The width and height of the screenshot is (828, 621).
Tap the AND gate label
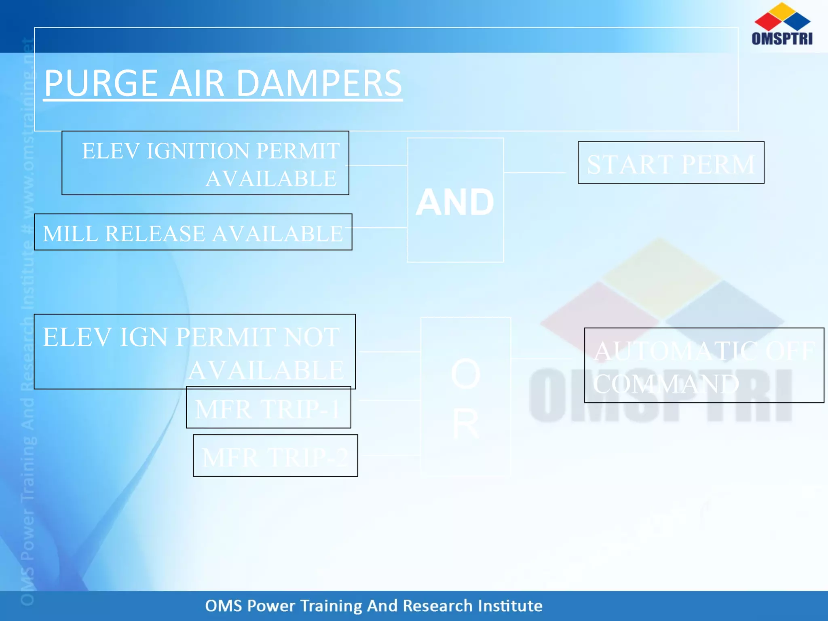pos(455,202)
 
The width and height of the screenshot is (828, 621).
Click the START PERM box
pos(671,163)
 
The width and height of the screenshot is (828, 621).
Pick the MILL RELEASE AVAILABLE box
pos(193,232)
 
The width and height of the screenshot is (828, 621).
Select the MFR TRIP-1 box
pos(268,408)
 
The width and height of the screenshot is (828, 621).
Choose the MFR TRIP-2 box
pos(275,456)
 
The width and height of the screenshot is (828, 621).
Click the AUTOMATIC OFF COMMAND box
pos(704,365)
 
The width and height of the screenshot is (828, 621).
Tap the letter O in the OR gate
pos(465,374)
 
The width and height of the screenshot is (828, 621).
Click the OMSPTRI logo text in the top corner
pos(782,38)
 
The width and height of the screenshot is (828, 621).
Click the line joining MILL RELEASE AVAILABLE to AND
pos(379,228)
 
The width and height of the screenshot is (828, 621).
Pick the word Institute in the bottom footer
pos(510,606)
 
